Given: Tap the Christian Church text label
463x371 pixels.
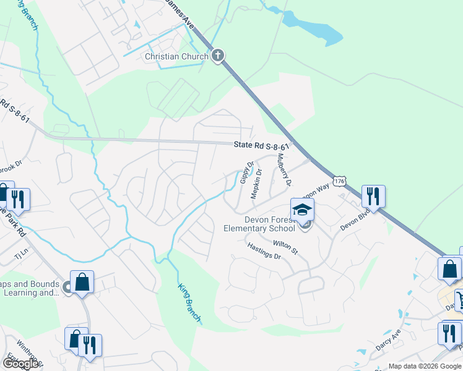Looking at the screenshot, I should coord(176,57).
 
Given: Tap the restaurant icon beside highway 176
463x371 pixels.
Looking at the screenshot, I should coord(373,196).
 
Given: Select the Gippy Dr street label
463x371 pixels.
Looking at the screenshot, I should coord(246,173).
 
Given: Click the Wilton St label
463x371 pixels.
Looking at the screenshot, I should coord(285,248).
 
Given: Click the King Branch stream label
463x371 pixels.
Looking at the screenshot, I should coord(190,303).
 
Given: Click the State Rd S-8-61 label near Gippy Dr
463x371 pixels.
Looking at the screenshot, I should coord(262,147).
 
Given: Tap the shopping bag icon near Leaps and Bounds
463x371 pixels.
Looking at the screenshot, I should coord(82,282).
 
